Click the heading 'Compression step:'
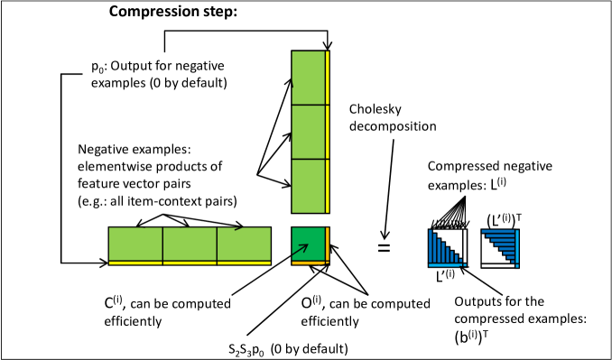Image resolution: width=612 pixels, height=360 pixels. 173,12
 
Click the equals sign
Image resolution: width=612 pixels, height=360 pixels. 384,247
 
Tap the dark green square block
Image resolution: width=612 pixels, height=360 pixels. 309,245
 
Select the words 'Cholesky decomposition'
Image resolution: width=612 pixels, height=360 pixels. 393,117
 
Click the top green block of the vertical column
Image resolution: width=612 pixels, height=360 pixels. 309,78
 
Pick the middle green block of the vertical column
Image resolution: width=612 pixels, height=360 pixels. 309,132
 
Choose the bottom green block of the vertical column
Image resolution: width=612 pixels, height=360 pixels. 309,186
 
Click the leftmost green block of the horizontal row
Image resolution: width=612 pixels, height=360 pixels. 135,244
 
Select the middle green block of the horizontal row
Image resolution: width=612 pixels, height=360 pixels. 190,244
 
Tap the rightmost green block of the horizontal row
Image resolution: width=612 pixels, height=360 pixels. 244,244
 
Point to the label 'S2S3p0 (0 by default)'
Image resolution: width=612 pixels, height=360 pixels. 288,349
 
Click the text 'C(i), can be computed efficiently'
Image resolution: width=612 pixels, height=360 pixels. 167,311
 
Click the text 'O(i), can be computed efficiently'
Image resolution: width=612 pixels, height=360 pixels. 366,311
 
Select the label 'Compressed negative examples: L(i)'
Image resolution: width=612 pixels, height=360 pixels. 490,175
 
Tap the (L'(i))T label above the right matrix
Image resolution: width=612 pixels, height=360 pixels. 505,220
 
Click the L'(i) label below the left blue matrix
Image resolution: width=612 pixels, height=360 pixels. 445,275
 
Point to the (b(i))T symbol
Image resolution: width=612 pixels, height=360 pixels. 473,337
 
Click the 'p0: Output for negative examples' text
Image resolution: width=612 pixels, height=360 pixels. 159,74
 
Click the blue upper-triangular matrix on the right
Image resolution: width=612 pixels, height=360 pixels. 500,248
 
